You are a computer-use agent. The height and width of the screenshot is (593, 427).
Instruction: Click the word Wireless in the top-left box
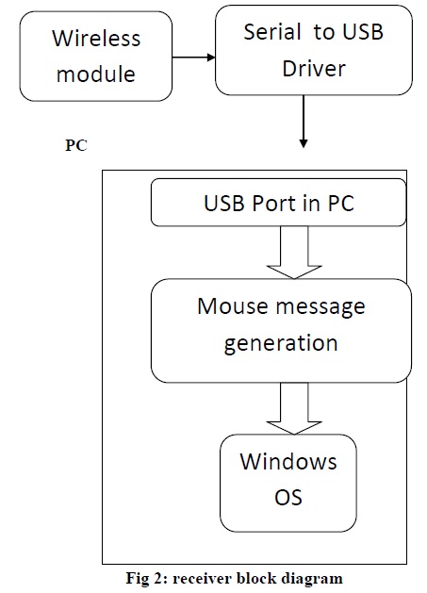(96, 39)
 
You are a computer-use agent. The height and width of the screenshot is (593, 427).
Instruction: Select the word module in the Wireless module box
(97, 73)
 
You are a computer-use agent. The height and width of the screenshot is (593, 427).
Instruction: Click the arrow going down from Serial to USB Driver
(304, 122)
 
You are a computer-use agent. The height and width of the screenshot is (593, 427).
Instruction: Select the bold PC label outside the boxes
(75, 148)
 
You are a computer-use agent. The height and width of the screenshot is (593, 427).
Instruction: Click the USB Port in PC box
(279, 203)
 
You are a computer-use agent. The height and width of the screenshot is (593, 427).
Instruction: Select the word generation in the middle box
(280, 341)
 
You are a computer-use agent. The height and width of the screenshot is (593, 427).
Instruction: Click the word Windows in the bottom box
(288, 462)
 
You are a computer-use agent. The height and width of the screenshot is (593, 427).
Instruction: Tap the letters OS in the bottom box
(288, 496)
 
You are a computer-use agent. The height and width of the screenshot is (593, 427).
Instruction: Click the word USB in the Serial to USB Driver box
(362, 31)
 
